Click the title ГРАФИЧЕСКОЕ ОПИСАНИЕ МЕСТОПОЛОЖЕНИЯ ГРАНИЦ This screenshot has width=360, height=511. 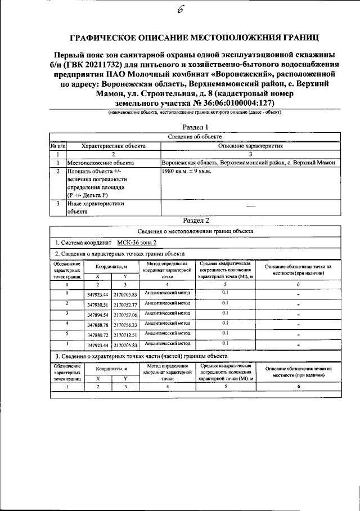pos(194,38)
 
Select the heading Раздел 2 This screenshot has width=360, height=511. pos(196,220)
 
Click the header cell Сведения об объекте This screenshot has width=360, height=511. pos(195,137)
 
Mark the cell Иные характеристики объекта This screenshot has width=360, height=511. pos(95,208)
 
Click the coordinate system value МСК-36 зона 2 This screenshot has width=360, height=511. pos(137,242)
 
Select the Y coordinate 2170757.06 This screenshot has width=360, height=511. pos(125,315)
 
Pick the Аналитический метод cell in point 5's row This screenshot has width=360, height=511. pos(168,333)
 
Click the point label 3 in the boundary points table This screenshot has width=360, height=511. pos(66,313)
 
